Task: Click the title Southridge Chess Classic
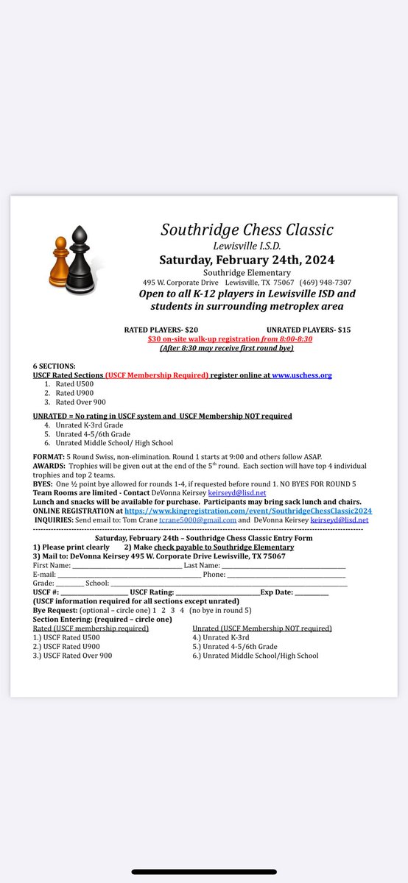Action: coord(247,229)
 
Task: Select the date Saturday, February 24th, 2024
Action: coord(247,259)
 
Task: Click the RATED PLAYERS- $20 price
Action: coord(161,330)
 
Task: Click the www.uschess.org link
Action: coord(302,375)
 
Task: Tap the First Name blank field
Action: coord(124,565)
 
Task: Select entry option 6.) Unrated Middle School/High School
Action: coord(255,655)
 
